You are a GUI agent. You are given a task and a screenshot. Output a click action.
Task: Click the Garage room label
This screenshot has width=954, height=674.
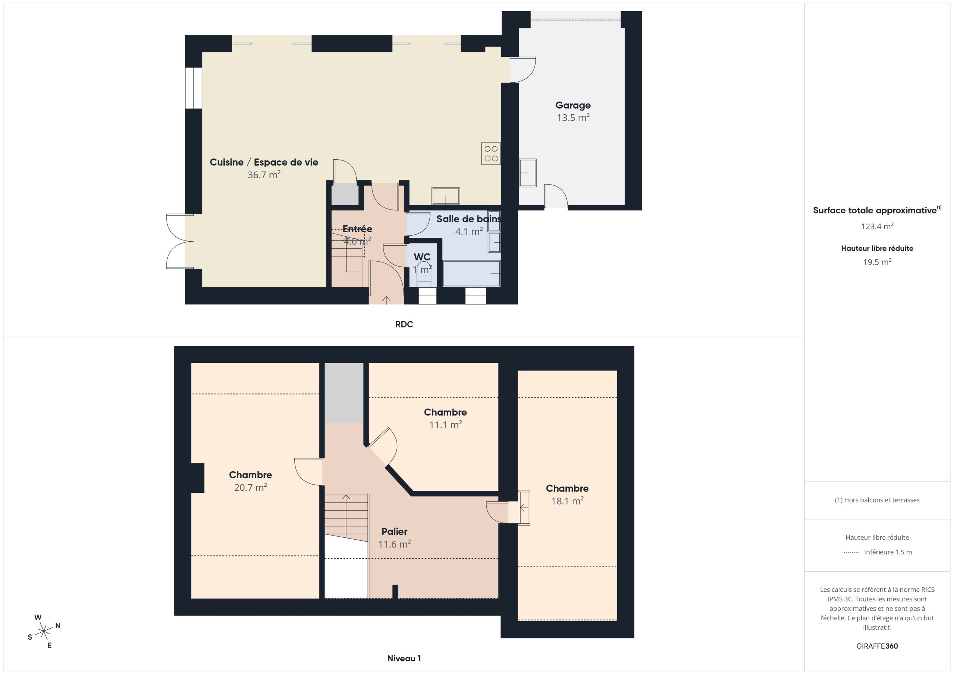[x=573, y=105]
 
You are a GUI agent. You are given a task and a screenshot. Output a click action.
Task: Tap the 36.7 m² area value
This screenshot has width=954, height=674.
[x=264, y=175]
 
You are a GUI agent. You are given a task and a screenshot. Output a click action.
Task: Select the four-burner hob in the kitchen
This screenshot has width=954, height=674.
[x=491, y=154]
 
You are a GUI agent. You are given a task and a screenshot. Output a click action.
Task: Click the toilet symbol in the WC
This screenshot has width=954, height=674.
[x=424, y=274]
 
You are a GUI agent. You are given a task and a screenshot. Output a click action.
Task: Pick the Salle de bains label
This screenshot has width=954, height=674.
[x=468, y=219]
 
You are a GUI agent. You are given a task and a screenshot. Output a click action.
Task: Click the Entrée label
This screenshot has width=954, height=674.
[x=357, y=229]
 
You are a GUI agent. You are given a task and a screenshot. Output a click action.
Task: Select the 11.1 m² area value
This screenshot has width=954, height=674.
[x=445, y=425]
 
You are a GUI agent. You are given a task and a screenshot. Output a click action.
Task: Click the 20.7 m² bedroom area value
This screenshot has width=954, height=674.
[x=250, y=487]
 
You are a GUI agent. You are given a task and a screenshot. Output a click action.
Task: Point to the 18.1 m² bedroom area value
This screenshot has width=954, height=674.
[x=567, y=501]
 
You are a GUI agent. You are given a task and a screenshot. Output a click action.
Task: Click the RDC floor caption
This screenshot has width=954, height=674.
[x=404, y=324]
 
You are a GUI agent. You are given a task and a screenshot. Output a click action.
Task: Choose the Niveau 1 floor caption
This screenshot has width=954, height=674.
[x=404, y=658]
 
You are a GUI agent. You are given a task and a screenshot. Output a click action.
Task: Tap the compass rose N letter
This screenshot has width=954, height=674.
[x=58, y=626]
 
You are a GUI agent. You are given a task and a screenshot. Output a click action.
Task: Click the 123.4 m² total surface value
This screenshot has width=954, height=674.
[x=877, y=226]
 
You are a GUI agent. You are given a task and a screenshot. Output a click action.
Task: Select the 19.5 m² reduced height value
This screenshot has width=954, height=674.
[x=877, y=262]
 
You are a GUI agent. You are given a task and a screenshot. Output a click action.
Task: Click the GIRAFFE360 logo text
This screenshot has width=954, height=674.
[x=877, y=646]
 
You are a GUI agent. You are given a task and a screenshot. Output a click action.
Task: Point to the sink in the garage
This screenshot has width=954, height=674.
[x=528, y=173]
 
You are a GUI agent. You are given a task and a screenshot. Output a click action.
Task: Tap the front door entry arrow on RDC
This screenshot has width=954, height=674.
[x=386, y=300]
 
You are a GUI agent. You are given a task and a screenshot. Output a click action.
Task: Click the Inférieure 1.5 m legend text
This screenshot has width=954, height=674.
[x=888, y=552]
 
